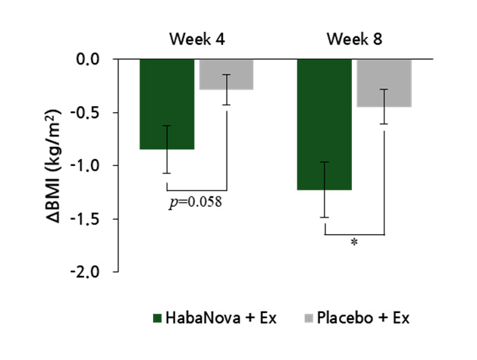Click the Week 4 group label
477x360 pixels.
point(196,39)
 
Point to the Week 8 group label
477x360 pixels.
point(354,39)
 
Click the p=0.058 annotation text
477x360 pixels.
point(194,202)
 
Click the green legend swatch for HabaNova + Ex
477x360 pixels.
point(157,317)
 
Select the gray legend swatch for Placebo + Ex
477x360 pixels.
point(310,317)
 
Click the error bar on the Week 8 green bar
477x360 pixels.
point(325,189)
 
